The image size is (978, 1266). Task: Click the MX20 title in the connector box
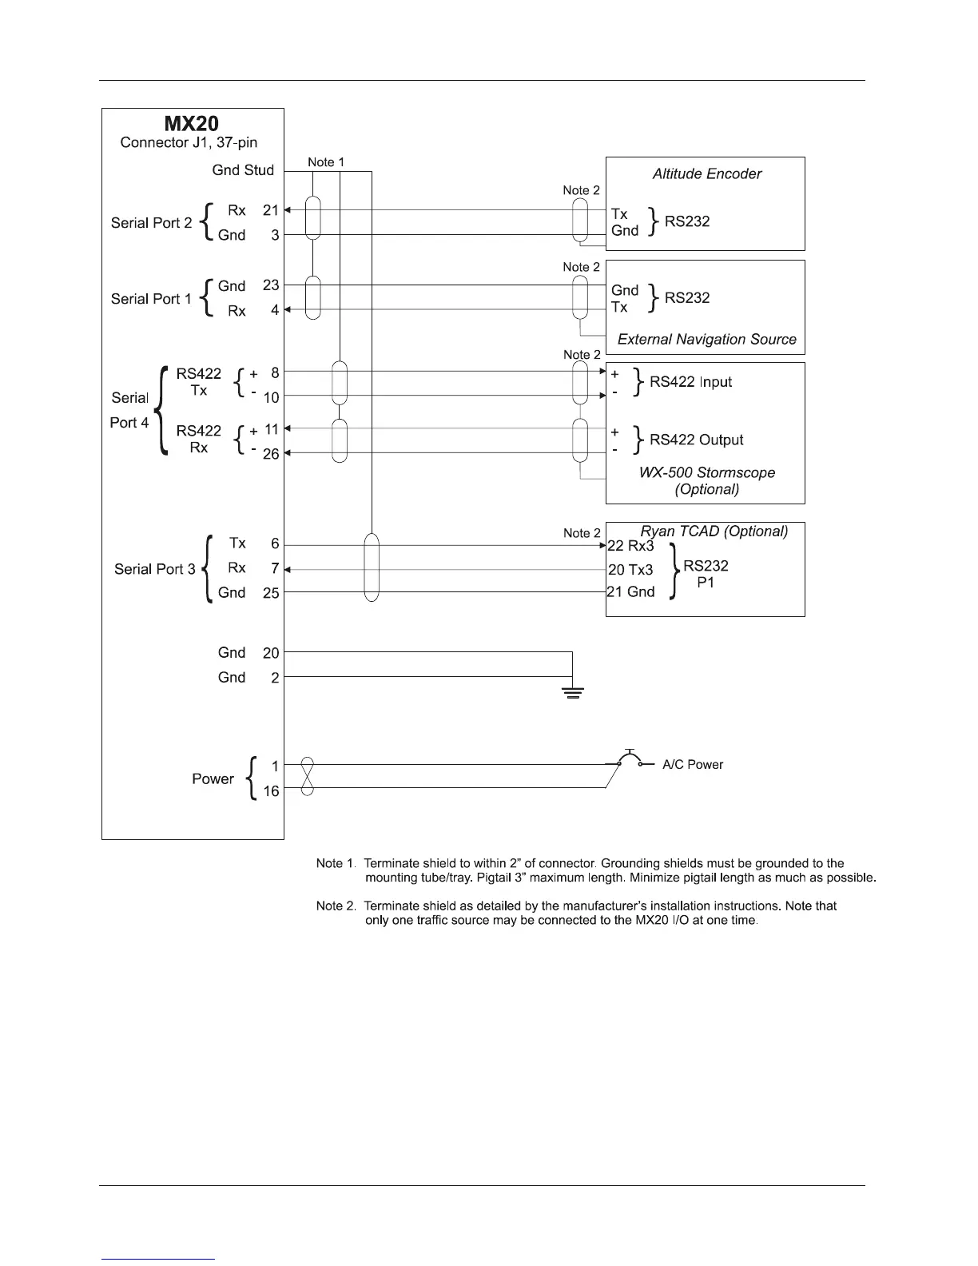(x=192, y=124)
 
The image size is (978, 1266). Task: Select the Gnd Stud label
(x=243, y=170)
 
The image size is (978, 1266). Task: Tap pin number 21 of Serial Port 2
(x=271, y=210)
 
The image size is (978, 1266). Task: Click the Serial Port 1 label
(x=151, y=299)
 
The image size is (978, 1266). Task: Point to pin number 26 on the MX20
(x=271, y=454)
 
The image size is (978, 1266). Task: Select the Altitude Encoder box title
(x=706, y=174)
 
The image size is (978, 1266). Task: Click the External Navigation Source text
(x=706, y=340)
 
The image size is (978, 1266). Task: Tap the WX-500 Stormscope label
(x=706, y=473)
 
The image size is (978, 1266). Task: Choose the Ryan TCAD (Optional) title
(x=714, y=531)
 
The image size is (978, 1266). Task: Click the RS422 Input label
(x=690, y=382)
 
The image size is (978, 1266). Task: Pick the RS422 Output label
(x=696, y=440)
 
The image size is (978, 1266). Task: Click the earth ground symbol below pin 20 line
(x=572, y=691)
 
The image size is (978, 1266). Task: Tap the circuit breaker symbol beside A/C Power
(x=630, y=760)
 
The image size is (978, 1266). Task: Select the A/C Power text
(x=692, y=765)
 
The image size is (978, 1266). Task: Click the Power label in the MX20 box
(x=213, y=779)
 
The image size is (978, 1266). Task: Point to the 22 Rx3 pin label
(x=630, y=547)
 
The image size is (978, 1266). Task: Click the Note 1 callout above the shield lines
(x=326, y=163)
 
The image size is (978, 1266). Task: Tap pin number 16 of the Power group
(x=271, y=791)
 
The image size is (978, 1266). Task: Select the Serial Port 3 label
(x=154, y=569)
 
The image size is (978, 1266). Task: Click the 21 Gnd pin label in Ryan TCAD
(x=630, y=592)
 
